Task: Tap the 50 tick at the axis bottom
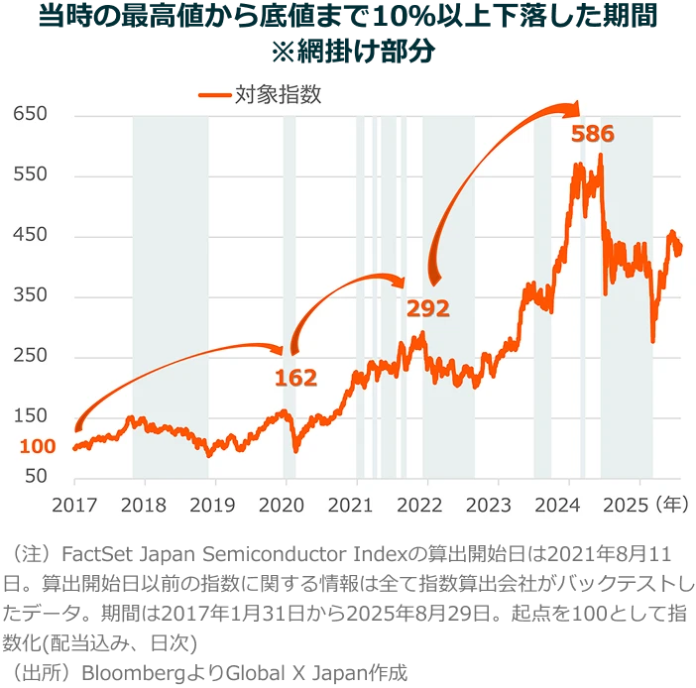36,476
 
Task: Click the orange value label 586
592,134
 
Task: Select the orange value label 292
428,308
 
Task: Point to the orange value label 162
295,378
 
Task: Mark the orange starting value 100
38,446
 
